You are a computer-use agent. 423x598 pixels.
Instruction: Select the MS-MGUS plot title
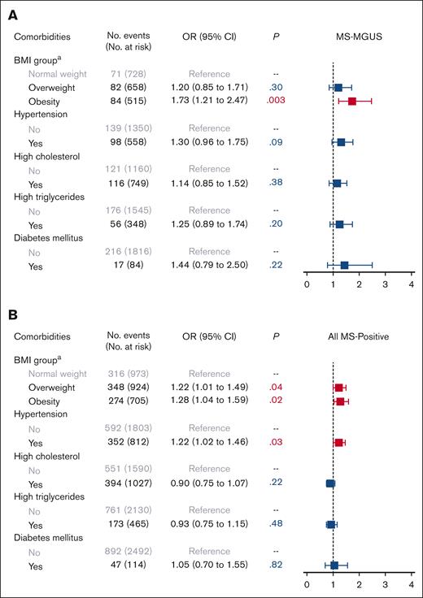tap(359, 37)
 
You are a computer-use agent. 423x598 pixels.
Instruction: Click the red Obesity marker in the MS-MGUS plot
tap(351, 102)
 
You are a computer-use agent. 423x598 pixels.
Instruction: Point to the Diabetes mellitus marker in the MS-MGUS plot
tap(344, 265)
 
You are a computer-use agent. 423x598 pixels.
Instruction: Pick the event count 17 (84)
tap(124, 265)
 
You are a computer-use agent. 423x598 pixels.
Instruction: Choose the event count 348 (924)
tap(124, 388)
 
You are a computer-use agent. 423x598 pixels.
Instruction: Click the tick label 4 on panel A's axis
tap(412, 284)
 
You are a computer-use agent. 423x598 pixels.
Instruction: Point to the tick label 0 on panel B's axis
tap(307, 585)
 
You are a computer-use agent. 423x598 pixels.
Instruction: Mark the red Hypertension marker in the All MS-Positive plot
tap(338, 442)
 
